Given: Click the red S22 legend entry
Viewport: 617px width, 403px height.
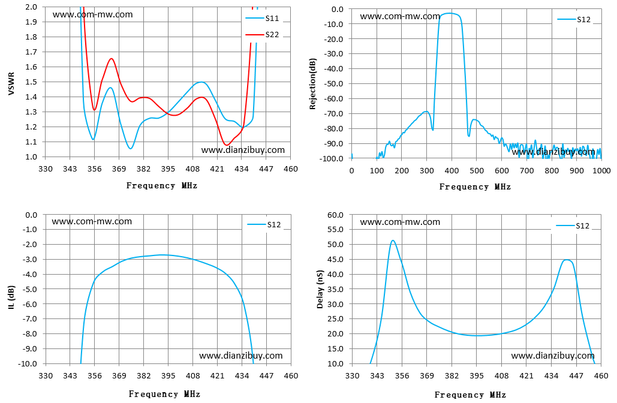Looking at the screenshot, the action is coord(262,35).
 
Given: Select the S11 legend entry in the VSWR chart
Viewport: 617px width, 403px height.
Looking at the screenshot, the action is coord(262,18).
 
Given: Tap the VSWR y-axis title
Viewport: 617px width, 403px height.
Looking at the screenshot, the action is coord(11,83).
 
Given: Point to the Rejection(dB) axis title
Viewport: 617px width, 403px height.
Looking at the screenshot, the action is coord(313,84).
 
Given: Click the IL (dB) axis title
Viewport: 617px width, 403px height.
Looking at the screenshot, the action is coord(11,297).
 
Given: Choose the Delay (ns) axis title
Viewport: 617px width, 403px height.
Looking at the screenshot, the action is coord(320,289).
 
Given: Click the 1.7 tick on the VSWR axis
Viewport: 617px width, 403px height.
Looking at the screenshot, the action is coord(31,52).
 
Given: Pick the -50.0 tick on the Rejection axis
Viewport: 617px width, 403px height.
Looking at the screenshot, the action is coord(333,84).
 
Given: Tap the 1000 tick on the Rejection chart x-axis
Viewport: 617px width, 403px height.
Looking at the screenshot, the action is coord(601,170).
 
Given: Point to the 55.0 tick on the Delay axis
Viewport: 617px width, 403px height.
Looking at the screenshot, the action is coord(335,230).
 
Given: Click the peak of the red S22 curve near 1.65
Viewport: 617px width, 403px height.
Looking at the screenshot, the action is coord(112,59).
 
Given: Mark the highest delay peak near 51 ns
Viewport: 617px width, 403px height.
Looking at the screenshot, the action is coord(393,240).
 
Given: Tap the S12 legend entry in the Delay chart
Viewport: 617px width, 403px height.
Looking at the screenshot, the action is coord(573,225).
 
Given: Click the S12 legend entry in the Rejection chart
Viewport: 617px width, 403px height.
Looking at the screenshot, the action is coord(574,19).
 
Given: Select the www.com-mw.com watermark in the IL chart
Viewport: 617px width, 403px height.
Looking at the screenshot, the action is coord(92,221).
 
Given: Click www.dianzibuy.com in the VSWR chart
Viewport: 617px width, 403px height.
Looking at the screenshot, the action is coord(243,149).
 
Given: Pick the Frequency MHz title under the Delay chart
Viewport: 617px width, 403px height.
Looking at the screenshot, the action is coord(470,395).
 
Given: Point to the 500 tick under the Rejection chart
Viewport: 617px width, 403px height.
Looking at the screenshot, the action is coord(477,170).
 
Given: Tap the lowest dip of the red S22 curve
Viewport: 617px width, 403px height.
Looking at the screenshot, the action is coord(227,145).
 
